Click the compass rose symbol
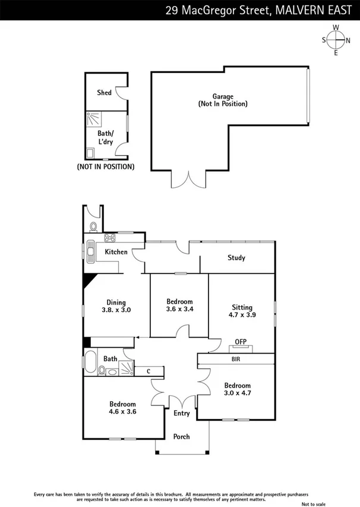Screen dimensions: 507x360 (336, 40)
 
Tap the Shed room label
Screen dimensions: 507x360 (105, 93)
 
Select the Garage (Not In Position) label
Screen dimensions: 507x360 (223, 100)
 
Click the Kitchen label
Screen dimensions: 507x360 (116, 252)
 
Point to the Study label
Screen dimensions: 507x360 (236, 258)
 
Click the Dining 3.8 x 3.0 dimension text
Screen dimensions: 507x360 (116, 310)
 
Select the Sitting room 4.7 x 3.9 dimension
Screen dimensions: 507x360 (243, 315)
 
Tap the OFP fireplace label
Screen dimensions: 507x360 (240, 341)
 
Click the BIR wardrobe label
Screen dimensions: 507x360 (236, 360)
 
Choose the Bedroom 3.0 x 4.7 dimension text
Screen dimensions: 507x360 (238, 393)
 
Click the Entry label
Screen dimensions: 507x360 (181, 414)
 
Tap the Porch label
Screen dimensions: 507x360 (181, 437)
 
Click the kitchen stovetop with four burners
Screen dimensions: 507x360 (110, 238)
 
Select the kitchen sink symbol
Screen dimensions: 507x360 (90, 252)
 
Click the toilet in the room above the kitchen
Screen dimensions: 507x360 (93, 226)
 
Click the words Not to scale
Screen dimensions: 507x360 (314, 503)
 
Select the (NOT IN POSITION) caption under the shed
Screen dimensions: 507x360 (106, 166)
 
